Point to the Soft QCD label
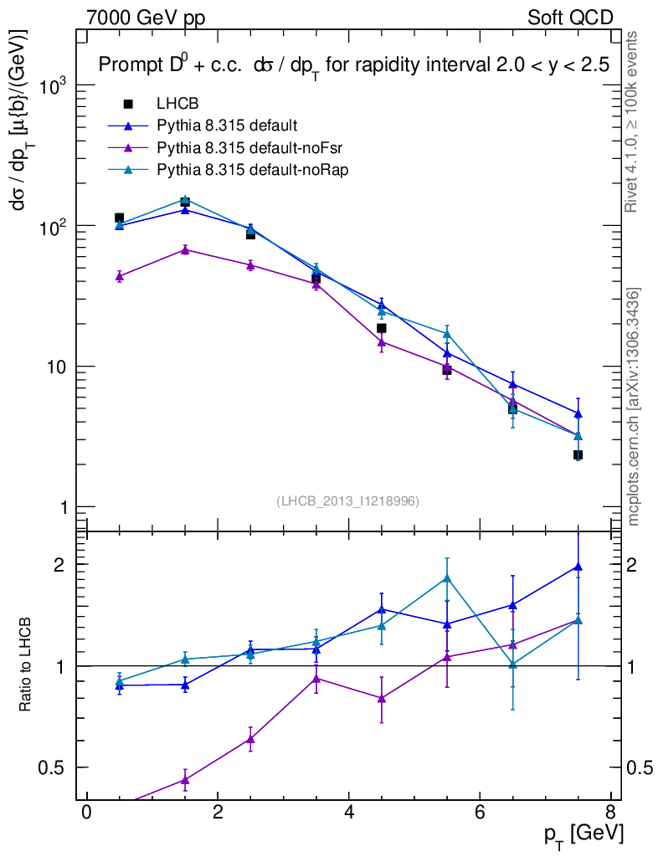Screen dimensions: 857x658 (x=570, y=17)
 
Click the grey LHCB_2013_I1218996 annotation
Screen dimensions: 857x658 (x=347, y=500)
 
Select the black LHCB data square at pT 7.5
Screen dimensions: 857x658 (x=578, y=455)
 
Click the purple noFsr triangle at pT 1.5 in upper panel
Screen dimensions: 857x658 (x=185, y=249)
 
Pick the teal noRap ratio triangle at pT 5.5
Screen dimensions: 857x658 (x=447, y=577)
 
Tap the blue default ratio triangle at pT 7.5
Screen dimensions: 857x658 (x=578, y=567)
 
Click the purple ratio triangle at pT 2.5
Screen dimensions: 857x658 (x=250, y=738)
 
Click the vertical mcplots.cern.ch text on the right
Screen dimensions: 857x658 (x=634, y=407)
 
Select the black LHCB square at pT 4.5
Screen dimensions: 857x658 (x=381, y=328)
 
